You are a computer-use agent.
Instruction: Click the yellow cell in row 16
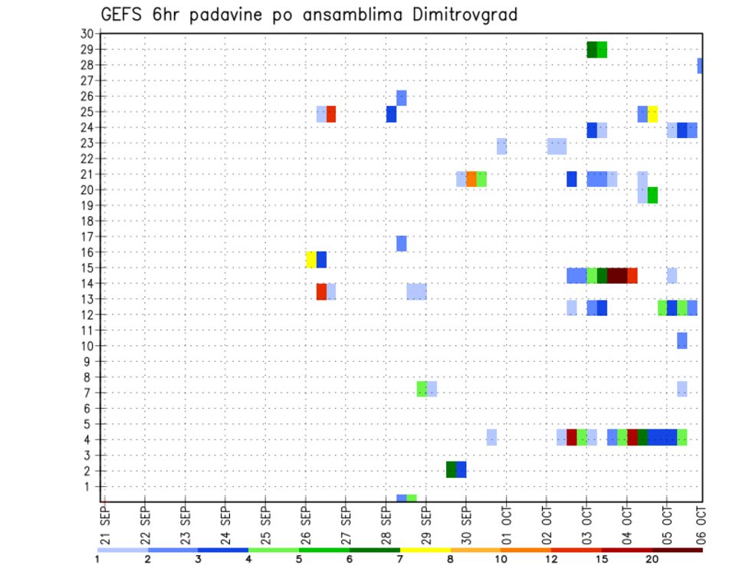(311, 259)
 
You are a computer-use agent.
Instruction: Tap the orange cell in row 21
(472, 179)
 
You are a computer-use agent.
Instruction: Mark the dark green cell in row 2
(452, 469)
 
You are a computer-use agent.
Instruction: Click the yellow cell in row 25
(652, 113)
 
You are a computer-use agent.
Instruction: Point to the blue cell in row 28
(700, 66)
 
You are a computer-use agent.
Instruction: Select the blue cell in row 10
(682, 340)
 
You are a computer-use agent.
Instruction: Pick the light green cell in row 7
(422, 389)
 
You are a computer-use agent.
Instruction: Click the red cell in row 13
(321, 291)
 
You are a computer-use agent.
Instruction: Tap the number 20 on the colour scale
(652, 559)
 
